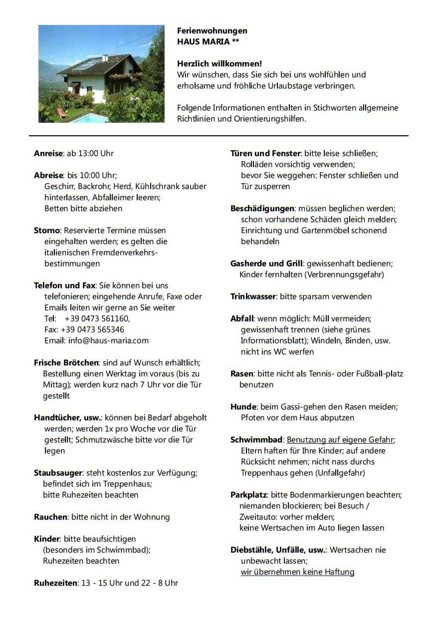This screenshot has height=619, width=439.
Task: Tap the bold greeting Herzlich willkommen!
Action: pyautogui.click(x=219, y=64)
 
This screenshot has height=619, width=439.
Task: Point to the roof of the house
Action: pyautogui.click(x=95, y=64)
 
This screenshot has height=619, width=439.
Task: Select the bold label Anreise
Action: pyautogui.click(x=48, y=153)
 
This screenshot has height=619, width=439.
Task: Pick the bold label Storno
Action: pyautogui.click(x=47, y=230)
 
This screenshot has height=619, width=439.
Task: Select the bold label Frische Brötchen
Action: pyautogui.click(x=66, y=362)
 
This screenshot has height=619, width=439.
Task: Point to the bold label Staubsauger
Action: pyautogui.click(x=58, y=472)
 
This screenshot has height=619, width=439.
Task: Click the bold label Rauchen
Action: pyautogui.click(x=50, y=517)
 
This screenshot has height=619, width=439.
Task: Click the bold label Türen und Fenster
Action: pyautogui.click(x=265, y=153)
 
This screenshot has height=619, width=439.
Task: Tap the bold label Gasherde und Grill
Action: pyautogui.click(x=266, y=263)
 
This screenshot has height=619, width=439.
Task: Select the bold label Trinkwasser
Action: pyautogui.click(x=253, y=297)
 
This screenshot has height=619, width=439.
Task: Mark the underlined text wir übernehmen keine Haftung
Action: pyautogui.click(x=297, y=572)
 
